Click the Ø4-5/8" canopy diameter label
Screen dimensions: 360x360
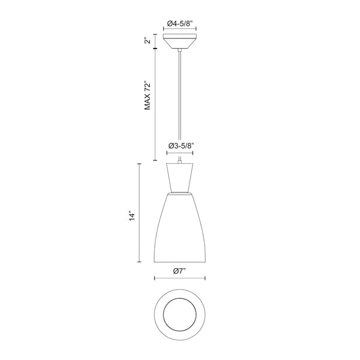(x=179, y=23)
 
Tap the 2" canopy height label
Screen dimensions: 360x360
(x=148, y=41)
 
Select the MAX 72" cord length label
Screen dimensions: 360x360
(x=148, y=95)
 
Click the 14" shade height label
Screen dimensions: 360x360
(x=132, y=216)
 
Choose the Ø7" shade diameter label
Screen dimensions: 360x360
(x=179, y=271)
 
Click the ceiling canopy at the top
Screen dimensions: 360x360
(x=179, y=41)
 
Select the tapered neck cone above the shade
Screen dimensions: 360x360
(x=180, y=177)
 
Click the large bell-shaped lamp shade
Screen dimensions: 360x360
(x=179, y=228)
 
